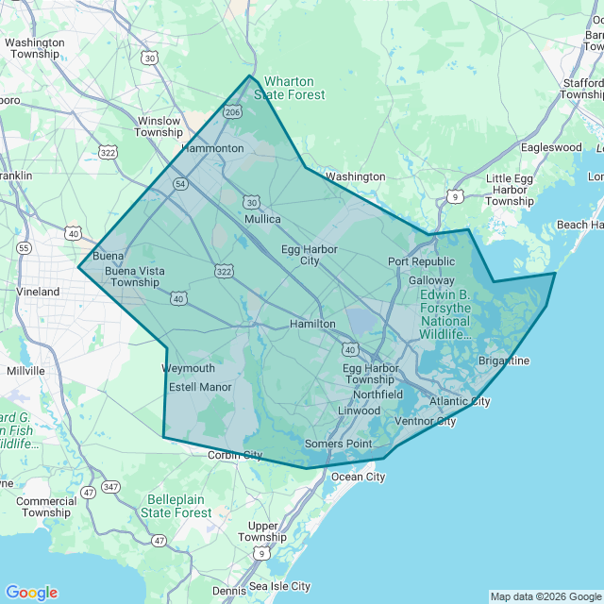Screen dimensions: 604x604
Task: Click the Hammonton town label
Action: (x=212, y=148)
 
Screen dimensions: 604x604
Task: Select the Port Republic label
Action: (x=421, y=261)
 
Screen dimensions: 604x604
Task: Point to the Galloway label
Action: (x=431, y=280)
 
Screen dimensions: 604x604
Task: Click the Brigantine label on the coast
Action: (x=504, y=361)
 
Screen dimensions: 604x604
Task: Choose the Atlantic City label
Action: (x=460, y=401)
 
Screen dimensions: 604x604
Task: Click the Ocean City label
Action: (x=358, y=477)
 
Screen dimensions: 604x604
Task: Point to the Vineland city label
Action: (x=38, y=292)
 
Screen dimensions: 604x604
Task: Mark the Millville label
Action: (x=25, y=371)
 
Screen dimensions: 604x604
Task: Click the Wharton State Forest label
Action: (x=294, y=88)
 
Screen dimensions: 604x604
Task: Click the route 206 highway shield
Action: (x=232, y=111)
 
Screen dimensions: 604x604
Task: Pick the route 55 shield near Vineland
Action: (x=25, y=247)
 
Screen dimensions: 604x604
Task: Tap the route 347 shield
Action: (x=111, y=486)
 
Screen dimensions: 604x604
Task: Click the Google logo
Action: (x=31, y=593)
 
